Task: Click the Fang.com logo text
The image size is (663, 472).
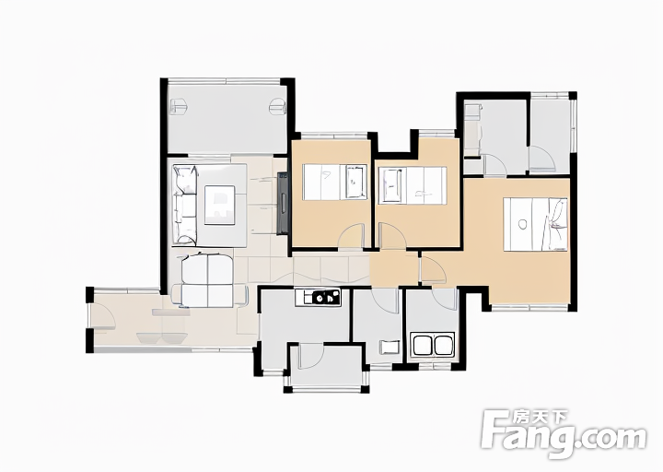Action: [x=564, y=435]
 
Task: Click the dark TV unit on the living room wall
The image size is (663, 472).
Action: [x=282, y=203]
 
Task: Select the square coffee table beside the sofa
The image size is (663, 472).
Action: [x=220, y=206]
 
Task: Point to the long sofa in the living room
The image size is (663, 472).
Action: [x=185, y=205]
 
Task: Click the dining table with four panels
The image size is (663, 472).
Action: [x=207, y=280]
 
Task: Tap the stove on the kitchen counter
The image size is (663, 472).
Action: [x=326, y=297]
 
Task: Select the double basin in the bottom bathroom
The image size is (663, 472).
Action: [x=433, y=345]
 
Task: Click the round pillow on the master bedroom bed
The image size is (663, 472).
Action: [x=523, y=224]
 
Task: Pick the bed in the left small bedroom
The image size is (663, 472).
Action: [x=335, y=183]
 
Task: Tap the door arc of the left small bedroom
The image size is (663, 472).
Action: [x=352, y=233]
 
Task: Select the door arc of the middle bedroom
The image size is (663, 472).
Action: [x=392, y=235]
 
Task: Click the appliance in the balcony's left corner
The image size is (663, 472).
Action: [x=178, y=106]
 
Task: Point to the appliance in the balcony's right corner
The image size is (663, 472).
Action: [x=277, y=106]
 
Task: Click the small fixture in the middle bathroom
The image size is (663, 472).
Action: [x=390, y=348]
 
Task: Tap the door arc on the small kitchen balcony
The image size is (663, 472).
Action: [x=311, y=357]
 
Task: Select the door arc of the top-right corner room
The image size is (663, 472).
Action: [x=542, y=158]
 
